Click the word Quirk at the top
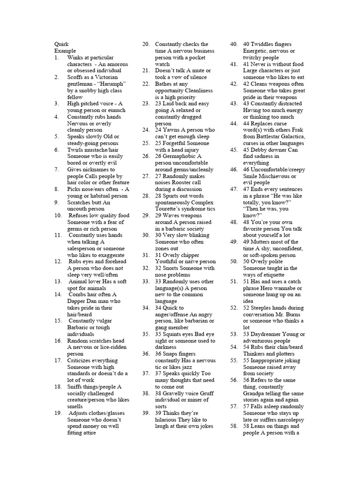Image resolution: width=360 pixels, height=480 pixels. (x=61, y=44)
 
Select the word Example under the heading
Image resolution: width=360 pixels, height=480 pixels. (x=65, y=51)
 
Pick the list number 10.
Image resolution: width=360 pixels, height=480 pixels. (x=58, y=215)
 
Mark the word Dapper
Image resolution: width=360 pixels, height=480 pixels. (x=78, y=301)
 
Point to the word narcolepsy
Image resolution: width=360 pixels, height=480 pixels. (x=288, y=420)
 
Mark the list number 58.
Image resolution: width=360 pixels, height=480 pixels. (x=233, y=426)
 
